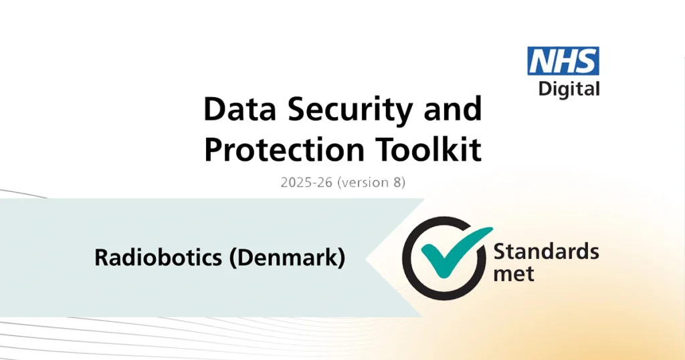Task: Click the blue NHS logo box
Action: point(563,61)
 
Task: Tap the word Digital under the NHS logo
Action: point(569,88)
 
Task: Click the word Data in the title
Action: point(235,109)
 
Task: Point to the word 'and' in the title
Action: point(452,109)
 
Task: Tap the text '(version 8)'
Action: point(372,182)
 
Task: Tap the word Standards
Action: point(546,252)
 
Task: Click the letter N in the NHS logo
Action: point(541,61)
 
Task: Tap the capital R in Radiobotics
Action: point(101,258)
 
